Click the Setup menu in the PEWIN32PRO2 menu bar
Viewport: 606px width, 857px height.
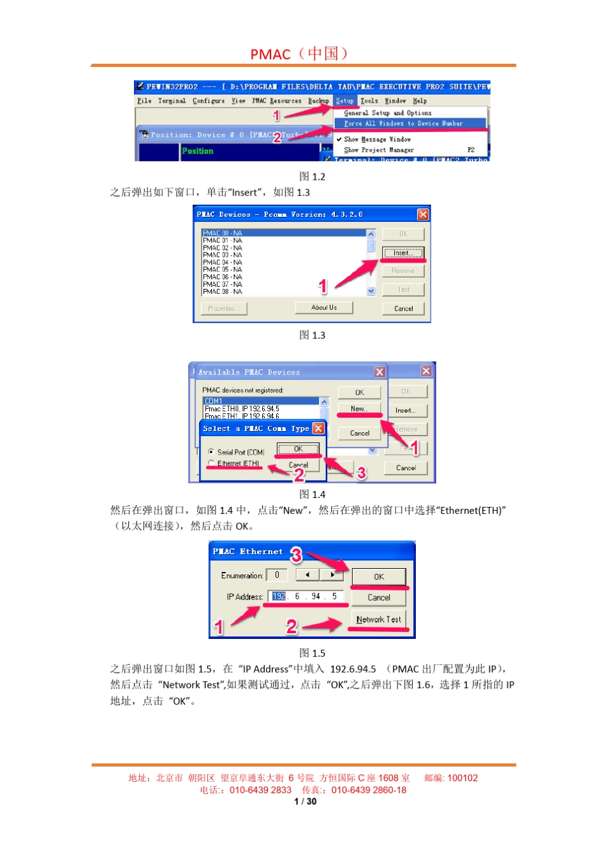[x=344, y=101]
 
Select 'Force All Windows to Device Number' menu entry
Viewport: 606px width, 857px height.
[x=403, y=124]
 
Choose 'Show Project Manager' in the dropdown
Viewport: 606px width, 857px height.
[x=379, y=150]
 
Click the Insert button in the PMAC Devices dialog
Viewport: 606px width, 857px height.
[x=403, y=253]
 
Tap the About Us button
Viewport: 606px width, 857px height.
[x=324, y=308]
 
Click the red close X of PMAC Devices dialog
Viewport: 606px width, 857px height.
[x=423, y=214]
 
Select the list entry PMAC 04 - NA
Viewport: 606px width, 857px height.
[x=223, y=262]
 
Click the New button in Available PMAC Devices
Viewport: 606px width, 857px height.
[x=359, y=409]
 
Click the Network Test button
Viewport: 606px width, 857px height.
[x=379, y=619]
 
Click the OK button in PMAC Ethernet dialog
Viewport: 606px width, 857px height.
[x=379, y=577]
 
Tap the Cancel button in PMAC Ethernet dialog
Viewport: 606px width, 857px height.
[x=379, y=597]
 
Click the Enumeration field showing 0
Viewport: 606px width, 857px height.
[x=277, y=575]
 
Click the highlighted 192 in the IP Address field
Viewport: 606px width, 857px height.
[x=279, y=597]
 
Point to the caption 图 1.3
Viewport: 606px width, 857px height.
[x=312, y=335]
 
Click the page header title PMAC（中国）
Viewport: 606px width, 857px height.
[x=300, y=54]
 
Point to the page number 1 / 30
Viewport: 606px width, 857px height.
[x=305, y=802]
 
